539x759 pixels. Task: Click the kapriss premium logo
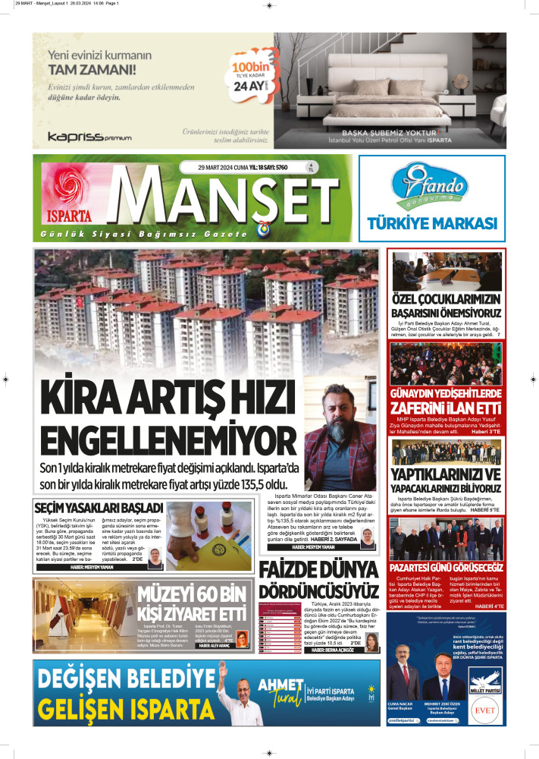(x=89, y=137)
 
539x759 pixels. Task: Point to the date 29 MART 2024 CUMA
(x=223, y=168)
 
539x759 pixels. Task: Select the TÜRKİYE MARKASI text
(x=431, y=223)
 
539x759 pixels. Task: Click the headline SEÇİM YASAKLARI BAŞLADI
(x=99, y=507)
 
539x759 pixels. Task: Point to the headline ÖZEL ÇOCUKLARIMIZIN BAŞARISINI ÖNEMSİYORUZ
(x=445, y=305)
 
